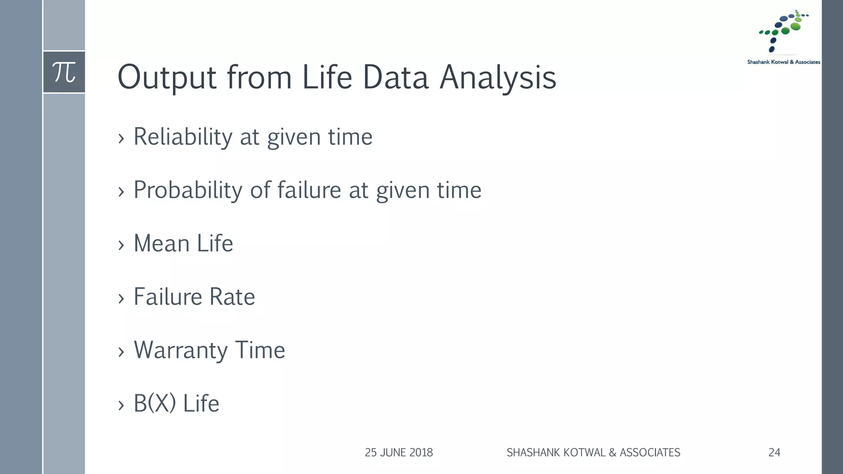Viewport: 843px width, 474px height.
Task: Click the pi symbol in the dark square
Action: pyautogui.click(x=64, y=72)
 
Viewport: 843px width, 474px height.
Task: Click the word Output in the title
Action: pyautogui.click(x=167, y=77)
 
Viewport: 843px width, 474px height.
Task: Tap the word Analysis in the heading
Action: pyautogui.click(x=498, y=77)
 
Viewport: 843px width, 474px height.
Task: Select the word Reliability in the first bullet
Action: pyautogui.click(x=183, y=137)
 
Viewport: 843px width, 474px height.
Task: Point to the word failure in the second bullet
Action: pyautogui.click(x=309, y=190)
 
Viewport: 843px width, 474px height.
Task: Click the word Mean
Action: pyautogui.click(x=161, y=243)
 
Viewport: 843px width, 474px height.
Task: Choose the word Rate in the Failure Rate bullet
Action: pyautogui.click(x=232, y=297)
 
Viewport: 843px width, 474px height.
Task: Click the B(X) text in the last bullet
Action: pyautogui.click(x=154, y=403)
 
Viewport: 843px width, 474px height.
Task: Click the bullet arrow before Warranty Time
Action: pyautogui.click(x=121, y=352)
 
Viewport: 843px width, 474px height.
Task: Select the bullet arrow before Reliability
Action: pyautogui.click(x=121, y=139)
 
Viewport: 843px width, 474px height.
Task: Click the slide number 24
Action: pyautogui.click(x=774, y=453)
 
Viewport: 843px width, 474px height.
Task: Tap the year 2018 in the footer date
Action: pyautogui.click(x=421, y=453)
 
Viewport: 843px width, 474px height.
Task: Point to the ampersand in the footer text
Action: pyautogui.click(x=612, y=453)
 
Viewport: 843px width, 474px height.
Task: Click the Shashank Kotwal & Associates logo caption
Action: pyautogui.click(x=783, y=62)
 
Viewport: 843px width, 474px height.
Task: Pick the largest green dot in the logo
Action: pyautogui.click(x=796, y=27)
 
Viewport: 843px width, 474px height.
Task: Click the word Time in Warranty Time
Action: pyautogui.click(x=260, y=351)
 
